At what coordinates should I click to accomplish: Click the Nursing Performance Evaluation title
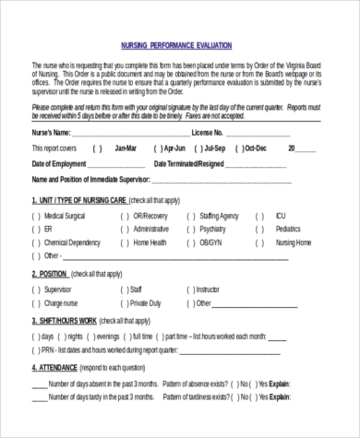coord(176,44)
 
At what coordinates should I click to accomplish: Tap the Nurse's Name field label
coord(54,133)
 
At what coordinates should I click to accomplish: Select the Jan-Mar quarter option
coord(125,148)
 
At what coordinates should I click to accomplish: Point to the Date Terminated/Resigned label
coord(188,163)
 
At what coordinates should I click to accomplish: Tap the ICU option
coord(281,215)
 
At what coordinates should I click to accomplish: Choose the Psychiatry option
coord(212,229)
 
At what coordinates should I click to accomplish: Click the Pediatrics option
coord(288,229)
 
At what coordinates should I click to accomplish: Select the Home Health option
coord(150,243)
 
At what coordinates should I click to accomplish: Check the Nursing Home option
coord(294,243)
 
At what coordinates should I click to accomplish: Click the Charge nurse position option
coord(61,302)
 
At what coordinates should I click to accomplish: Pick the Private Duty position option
coord(146,302)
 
